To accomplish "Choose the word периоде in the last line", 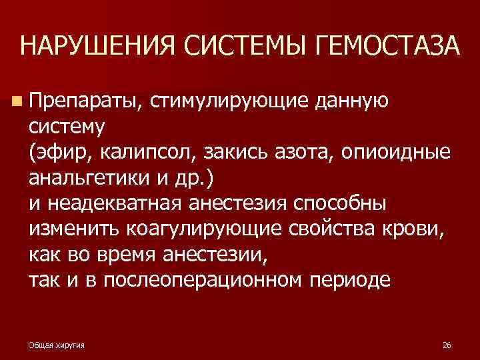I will [x=351, y=281].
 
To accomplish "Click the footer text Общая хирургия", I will [x=61, y=345].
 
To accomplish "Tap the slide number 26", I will [x=447, y=345].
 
